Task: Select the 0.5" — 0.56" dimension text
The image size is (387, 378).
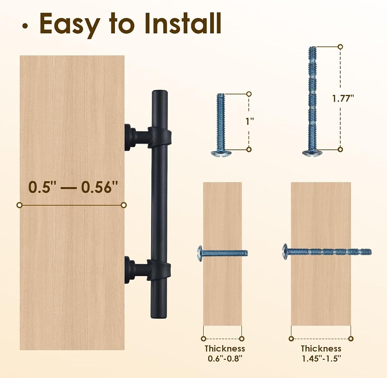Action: [73, 187]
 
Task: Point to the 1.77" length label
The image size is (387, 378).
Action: [343, 98]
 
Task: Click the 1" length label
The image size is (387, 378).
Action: [250, 121]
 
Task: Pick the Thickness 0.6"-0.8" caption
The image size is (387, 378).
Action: [225, 353]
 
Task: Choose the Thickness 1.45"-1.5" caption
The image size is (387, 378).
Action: [321, 353]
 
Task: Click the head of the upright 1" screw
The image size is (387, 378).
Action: [221, 153]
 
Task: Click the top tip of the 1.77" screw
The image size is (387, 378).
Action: [312, 47]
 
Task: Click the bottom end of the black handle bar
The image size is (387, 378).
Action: [159, 316]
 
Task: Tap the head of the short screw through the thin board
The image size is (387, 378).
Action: [200, 253]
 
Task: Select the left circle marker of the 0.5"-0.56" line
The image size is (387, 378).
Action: [19, 205]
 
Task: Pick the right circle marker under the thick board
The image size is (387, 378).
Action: [351, 338]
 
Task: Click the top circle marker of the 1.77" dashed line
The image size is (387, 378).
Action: [340, 47]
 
